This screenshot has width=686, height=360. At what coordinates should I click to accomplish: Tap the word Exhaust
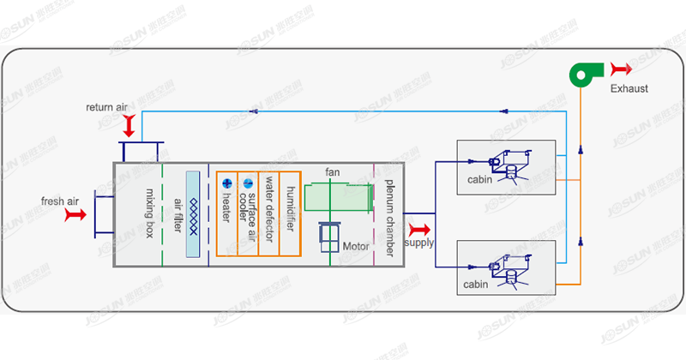(x=629, y=88)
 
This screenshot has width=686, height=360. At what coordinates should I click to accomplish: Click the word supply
(x=419, y=243)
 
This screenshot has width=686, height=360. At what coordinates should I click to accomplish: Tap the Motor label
(x=356, y=246)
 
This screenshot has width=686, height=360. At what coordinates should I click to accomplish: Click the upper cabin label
(x=480, y=181)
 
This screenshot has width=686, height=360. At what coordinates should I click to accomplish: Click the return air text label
(x=106, y=107)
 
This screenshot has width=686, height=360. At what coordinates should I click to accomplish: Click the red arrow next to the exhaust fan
(x=620, y=69)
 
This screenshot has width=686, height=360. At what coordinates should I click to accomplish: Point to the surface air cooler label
(x=249, y=206)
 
